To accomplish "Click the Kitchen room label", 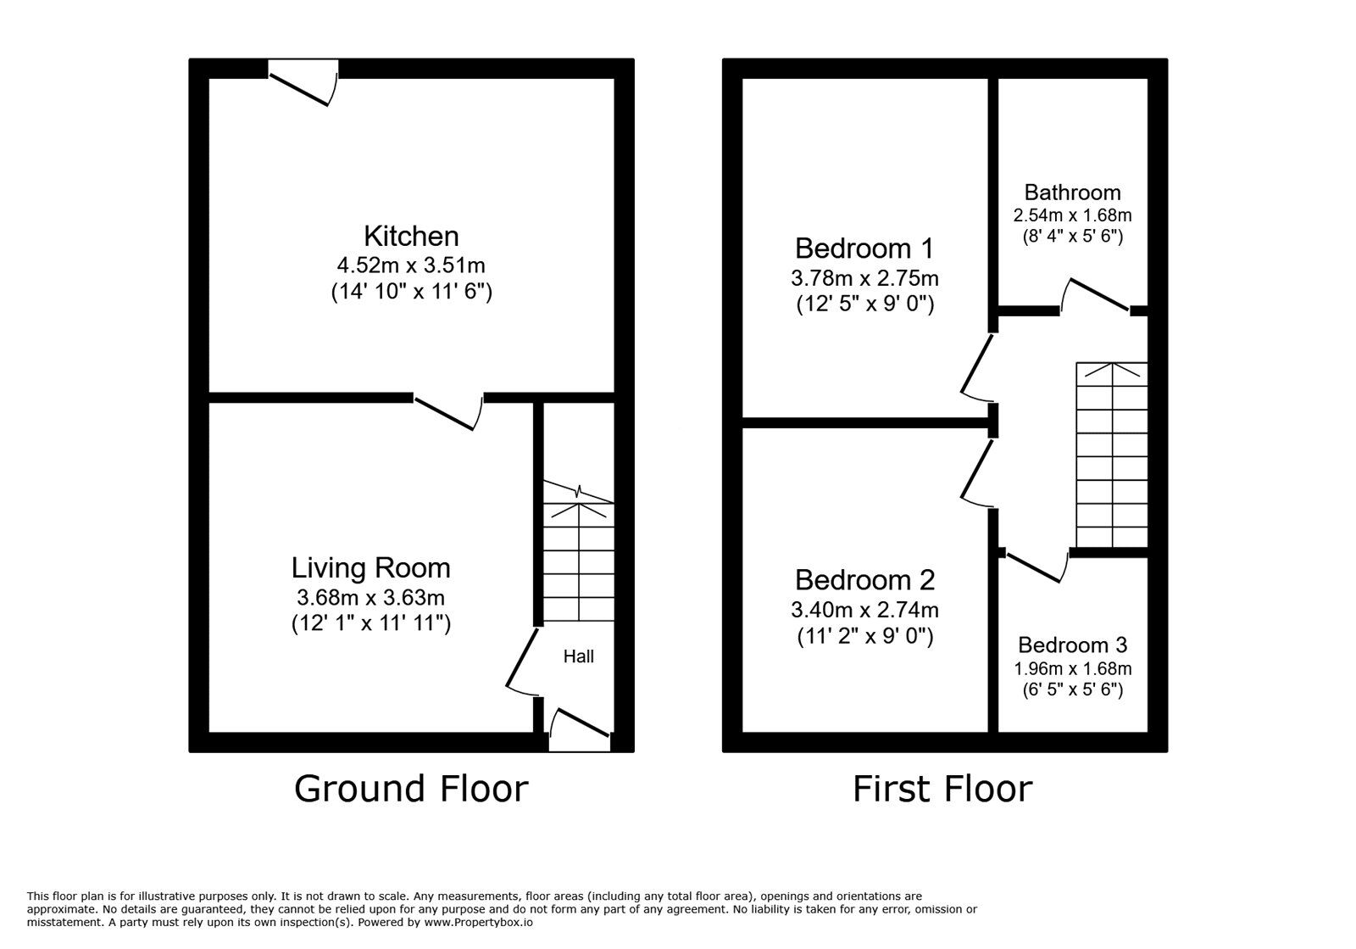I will (411, 236).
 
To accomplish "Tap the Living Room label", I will (371, 567).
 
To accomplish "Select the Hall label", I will (580, 656).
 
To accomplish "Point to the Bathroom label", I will (1072, 193).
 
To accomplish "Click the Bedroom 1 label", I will (864, 248).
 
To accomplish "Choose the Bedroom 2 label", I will (864, 580).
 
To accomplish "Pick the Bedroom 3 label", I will (1072, 645).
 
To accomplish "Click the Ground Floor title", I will (411, 789).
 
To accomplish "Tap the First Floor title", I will (942, 789).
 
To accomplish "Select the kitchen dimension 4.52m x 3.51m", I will (411, 265).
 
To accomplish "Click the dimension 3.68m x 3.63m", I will (371, 597).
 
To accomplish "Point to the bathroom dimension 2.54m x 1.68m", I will (1072, 215).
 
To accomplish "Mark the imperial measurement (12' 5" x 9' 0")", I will (864, 304).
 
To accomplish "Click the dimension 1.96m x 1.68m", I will (1072, 668).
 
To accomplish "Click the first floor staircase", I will (1111, 455).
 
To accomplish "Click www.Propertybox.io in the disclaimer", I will (478, 922).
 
